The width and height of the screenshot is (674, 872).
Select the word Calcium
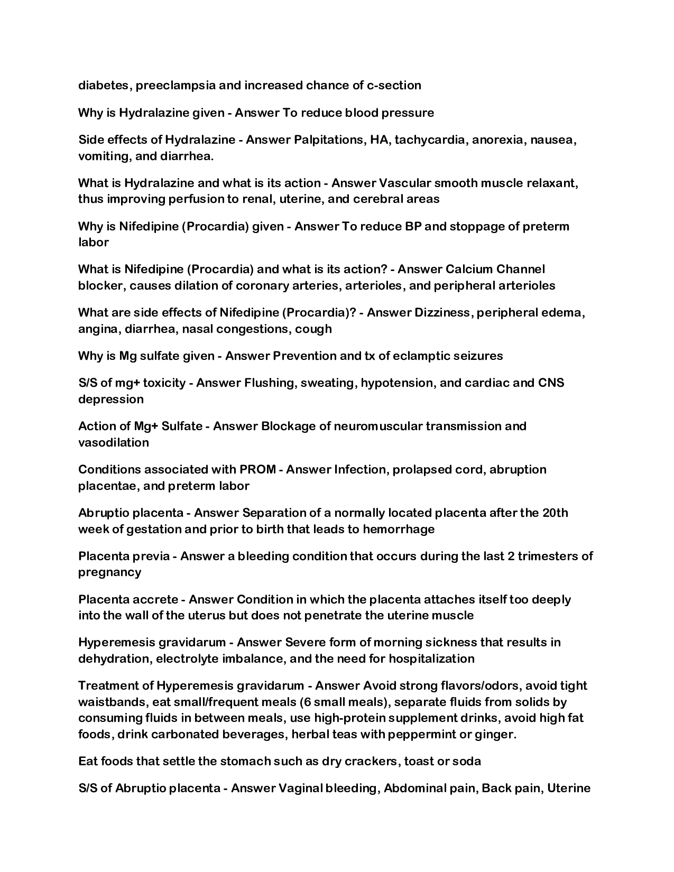(467, 270)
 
